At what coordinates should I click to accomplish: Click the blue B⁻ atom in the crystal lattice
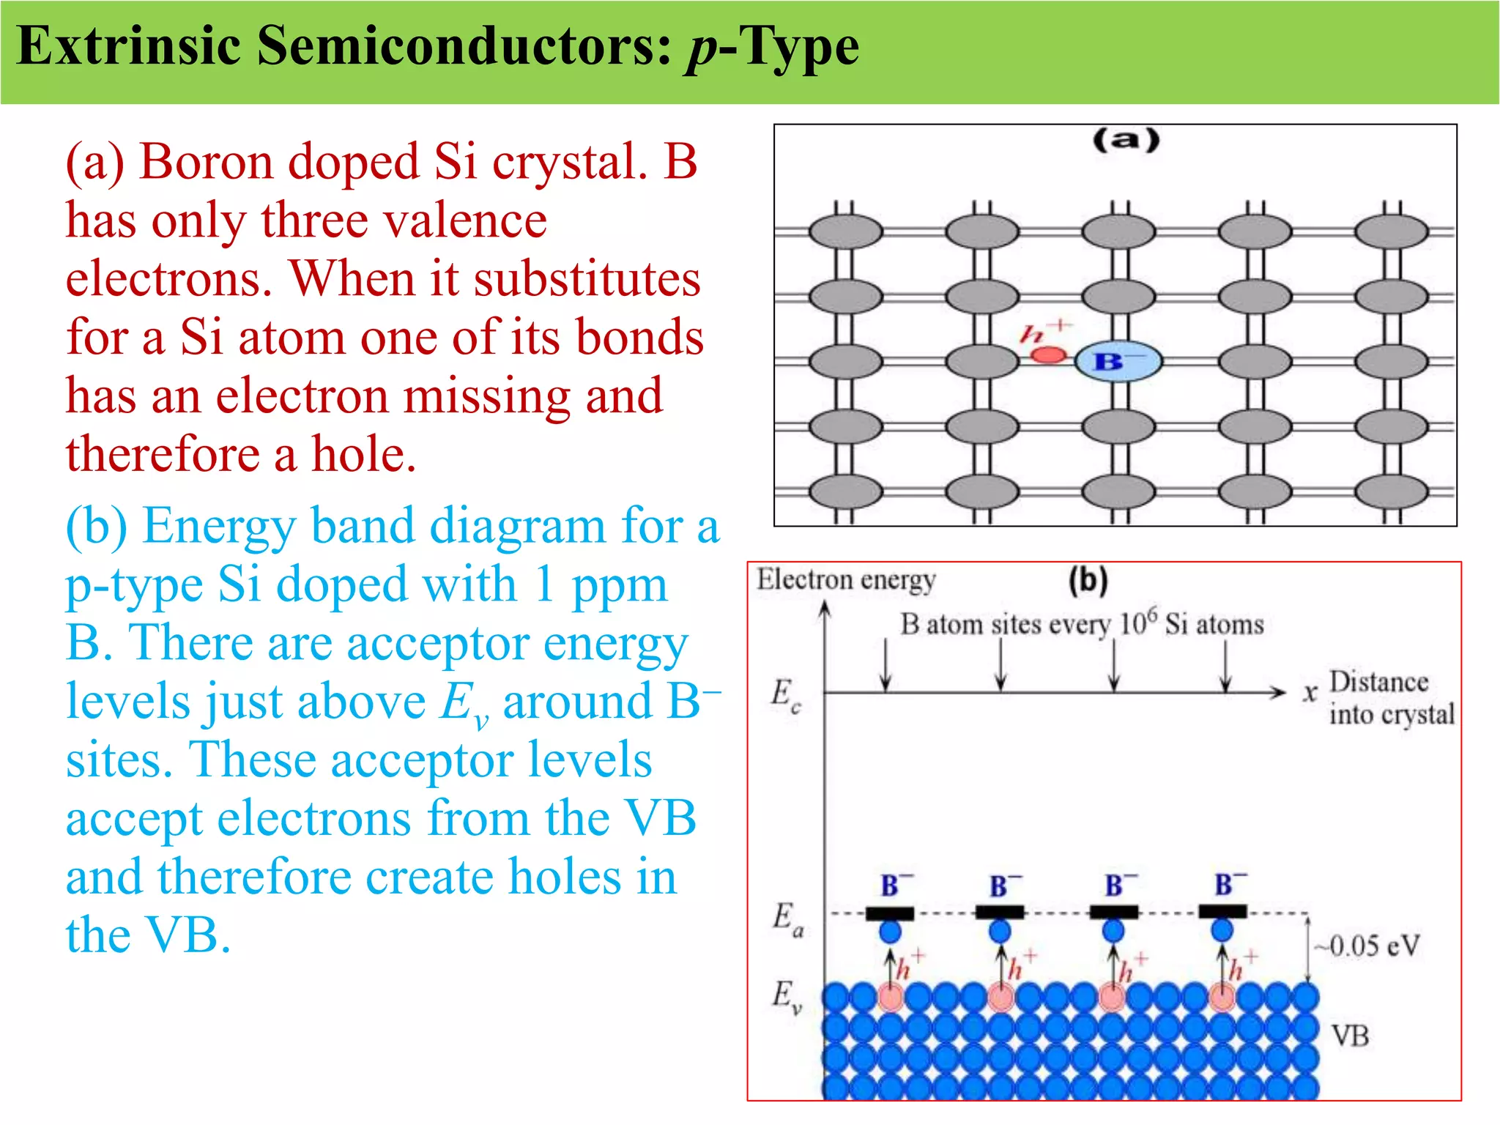[x=1118, y=361]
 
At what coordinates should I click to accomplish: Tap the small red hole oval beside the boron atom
[x=1048, y=355]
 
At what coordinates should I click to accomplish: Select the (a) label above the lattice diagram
[x=1126, y=140]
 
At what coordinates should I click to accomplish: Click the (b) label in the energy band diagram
[x=1088, y=581]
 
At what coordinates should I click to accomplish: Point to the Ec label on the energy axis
[x=786, y=694]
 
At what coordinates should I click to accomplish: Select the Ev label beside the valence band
[x=787, y=996]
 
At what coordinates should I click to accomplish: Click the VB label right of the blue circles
[x=1349, y=1036]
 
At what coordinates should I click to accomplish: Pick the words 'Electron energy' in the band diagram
[x=846, y=580]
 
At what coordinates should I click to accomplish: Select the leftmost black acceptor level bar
[x=890, y=913]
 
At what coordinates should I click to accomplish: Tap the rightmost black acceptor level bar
[x=1222, y=912]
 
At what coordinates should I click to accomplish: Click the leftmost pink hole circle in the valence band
[x=891, y=998]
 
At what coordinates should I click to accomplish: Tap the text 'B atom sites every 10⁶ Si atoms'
[x=1082, y=624]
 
